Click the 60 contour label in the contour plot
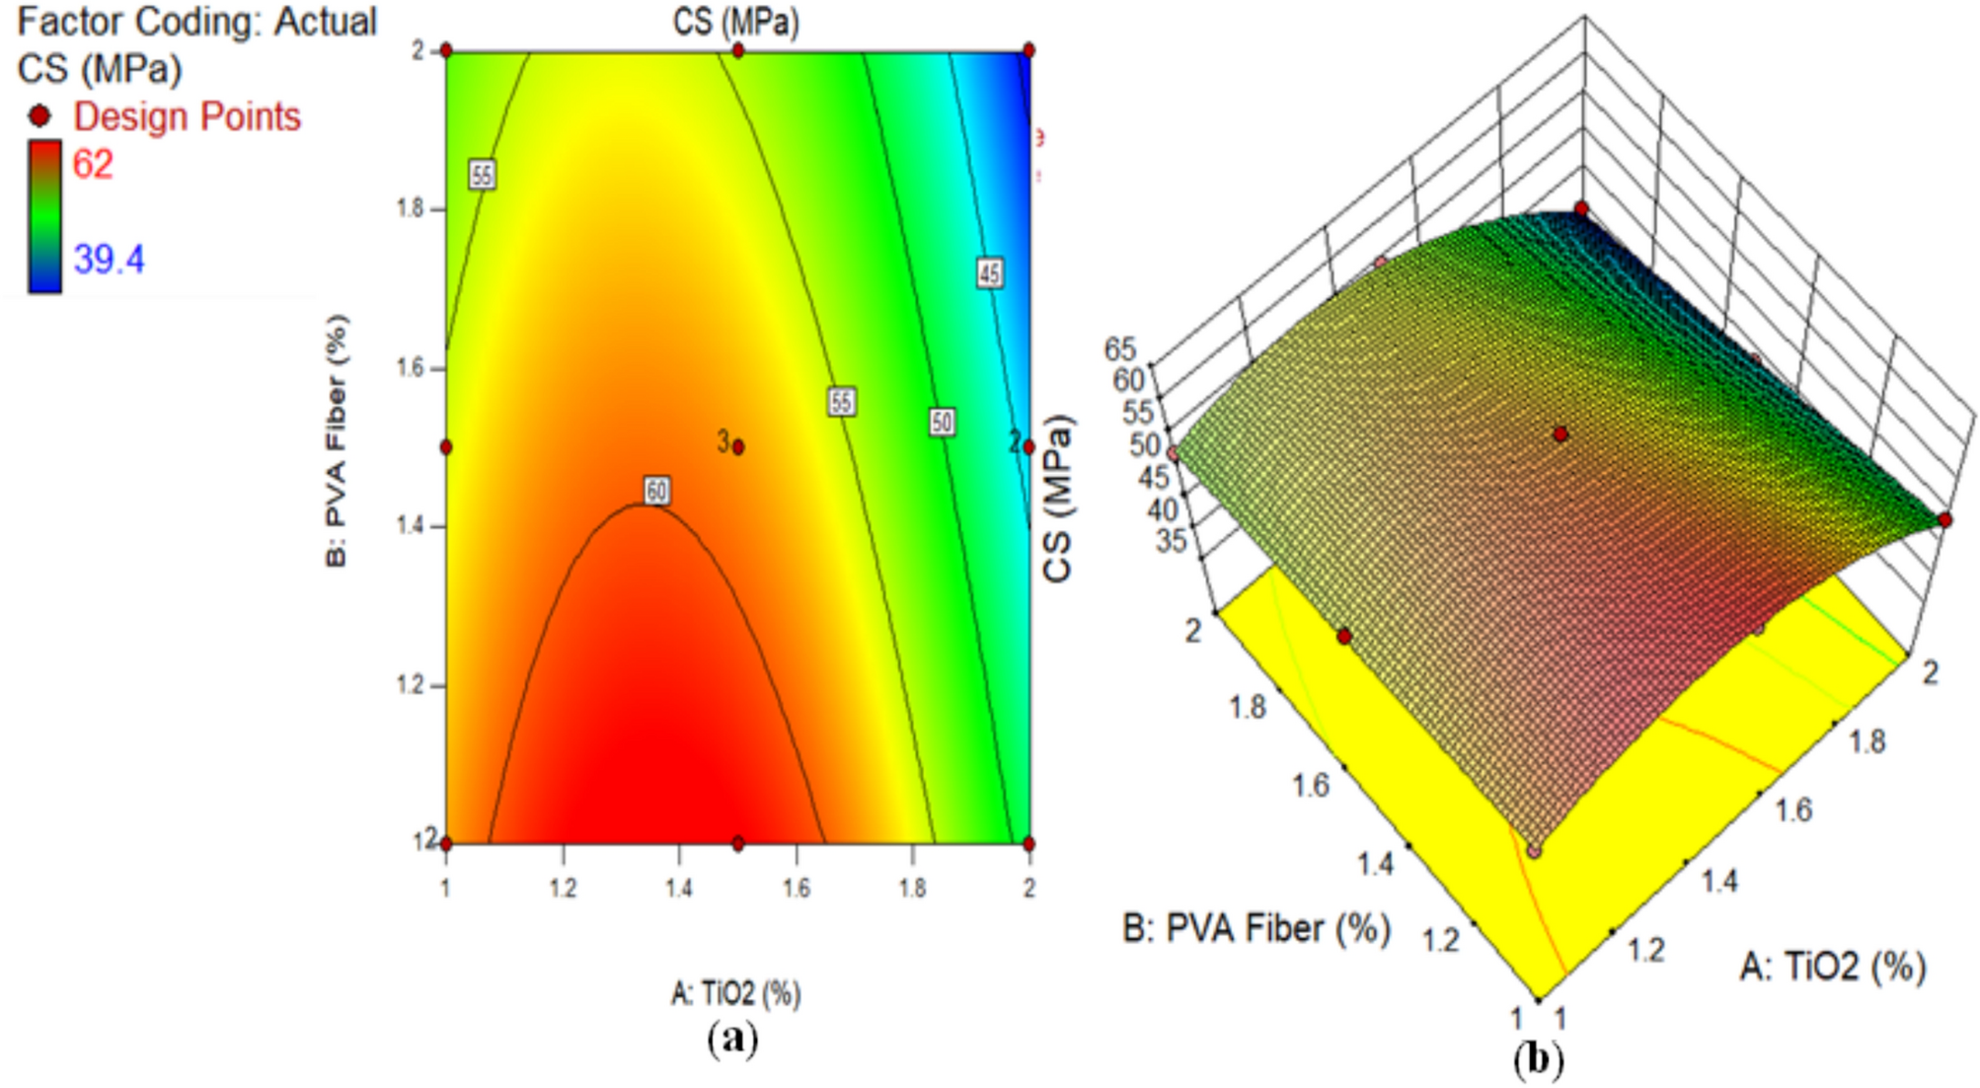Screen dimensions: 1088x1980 (657, 491)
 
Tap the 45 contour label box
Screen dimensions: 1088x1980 (990, 273)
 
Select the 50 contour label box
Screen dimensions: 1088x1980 (942, 423)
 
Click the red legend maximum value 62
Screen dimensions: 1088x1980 (93, 164)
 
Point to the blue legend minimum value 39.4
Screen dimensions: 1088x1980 (109, 260)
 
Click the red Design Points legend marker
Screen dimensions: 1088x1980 (40, 117)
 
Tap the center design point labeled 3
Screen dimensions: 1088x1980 (738, 447)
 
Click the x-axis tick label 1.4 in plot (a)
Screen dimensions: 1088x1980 (679, 889)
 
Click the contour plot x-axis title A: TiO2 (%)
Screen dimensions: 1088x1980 (735, 992)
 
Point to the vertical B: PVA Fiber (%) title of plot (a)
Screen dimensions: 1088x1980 (337, 440)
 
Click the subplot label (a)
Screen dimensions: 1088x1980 (732, 1039)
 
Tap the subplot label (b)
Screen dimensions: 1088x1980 (1538, 1060)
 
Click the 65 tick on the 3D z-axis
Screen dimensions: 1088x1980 (1120, 349)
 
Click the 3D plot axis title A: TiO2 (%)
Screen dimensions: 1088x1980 (1832, 967)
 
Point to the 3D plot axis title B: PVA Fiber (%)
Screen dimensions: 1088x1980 (1256, 929)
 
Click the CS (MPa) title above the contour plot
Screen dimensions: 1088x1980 (735, 22)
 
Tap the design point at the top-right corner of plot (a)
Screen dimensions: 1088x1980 (1028, 50)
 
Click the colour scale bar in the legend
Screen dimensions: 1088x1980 (44, 217)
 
